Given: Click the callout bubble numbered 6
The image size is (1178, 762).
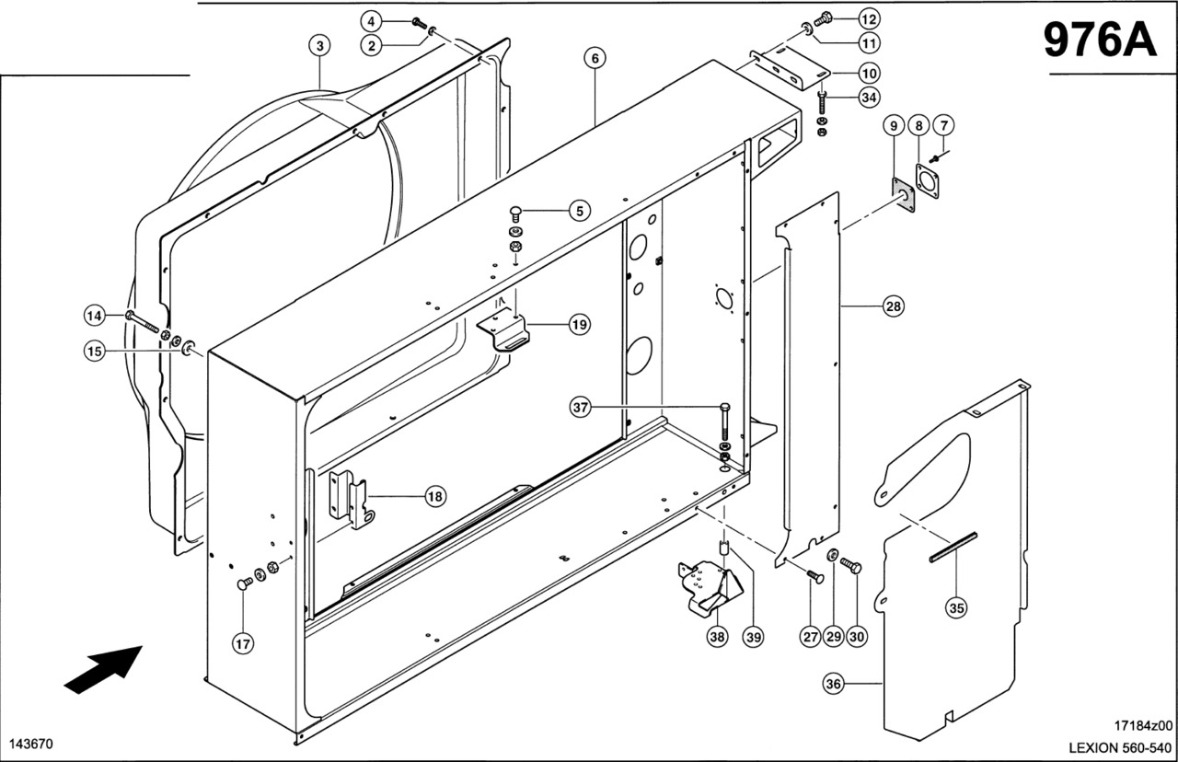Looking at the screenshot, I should pos(595,57).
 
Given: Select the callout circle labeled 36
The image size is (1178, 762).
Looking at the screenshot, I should pos(834,684).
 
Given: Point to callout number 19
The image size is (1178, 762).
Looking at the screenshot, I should pos(579,324).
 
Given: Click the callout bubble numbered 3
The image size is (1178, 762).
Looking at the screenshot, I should pos(318,44).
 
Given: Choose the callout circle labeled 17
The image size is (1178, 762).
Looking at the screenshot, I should pos(242,644).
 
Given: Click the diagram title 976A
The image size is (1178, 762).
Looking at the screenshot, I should pos(1099,40).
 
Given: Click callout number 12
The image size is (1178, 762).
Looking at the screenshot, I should pos(870,18).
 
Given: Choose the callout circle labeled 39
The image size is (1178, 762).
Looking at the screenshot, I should pos(754,635).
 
